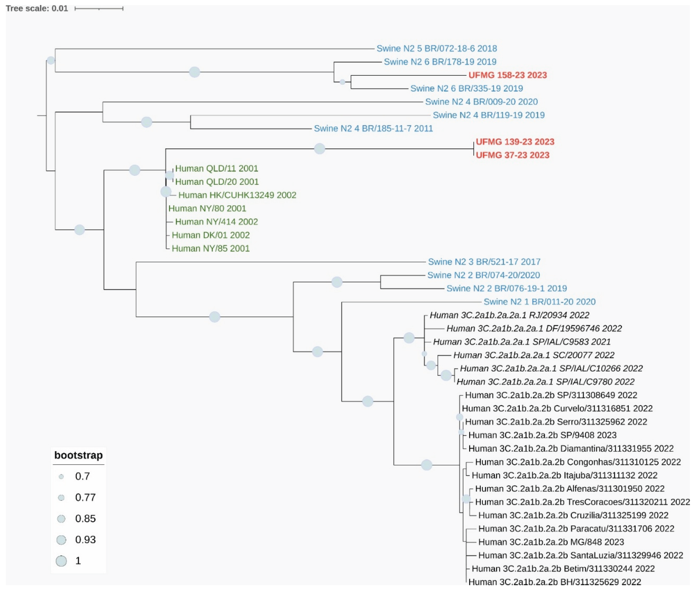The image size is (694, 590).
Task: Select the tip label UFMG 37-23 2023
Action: [x=512, y=155]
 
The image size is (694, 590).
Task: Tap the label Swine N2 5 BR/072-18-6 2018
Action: [x=436, y=48]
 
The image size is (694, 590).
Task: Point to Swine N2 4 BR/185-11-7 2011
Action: [x=373, y=128]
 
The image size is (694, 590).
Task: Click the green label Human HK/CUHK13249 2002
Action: [x=237, y=195]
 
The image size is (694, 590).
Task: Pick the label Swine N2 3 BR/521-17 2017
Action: [x=484, y=262]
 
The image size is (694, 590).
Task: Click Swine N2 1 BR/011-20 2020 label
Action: [x=539, y=302]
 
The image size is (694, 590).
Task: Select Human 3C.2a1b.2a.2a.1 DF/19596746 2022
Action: [x=534, y=328]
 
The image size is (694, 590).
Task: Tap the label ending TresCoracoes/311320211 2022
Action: [x=582, y=502]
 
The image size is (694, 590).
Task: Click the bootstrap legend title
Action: [x=78, y=455]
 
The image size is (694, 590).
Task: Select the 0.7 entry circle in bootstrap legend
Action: [x=61, y=477]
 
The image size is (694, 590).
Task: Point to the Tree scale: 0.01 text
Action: [x=37, y=8]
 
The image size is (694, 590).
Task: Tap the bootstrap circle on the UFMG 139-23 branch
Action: [x=319, y=149]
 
